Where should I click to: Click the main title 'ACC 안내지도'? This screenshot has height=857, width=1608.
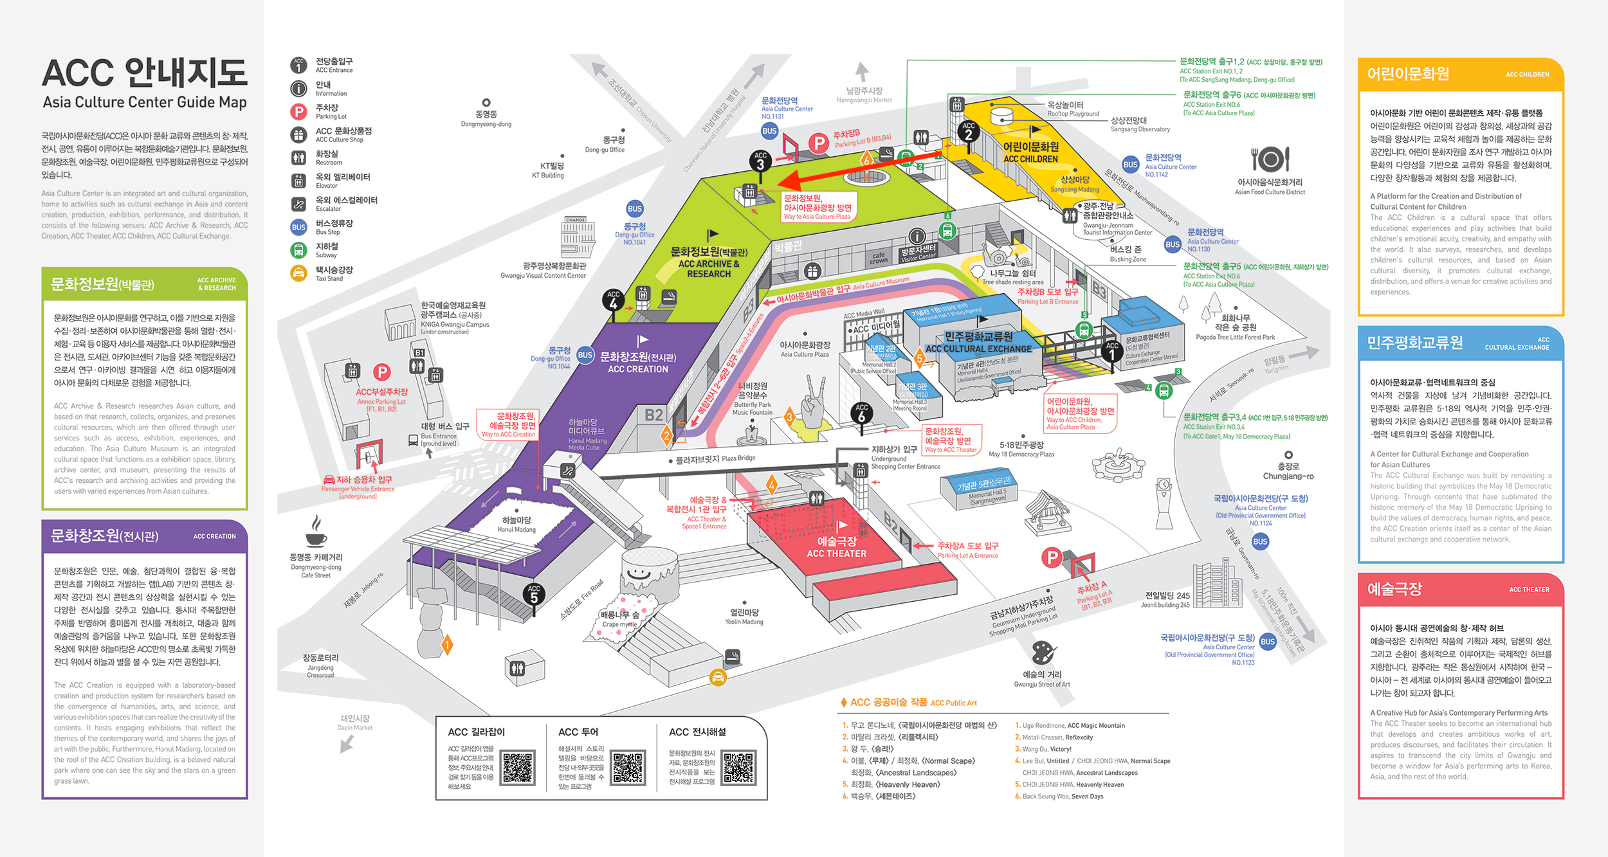coord(145,73)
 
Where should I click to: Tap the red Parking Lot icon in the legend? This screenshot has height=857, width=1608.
coord(298,112)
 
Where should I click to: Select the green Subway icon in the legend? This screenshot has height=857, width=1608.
coord(298,250)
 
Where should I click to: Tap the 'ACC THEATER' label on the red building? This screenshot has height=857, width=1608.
coord(836,554)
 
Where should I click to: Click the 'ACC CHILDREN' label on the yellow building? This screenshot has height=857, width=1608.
coord(1030,159)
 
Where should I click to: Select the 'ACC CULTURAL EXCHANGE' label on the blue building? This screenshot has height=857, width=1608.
coord(978,348)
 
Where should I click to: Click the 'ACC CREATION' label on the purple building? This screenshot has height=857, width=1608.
coord(637,369)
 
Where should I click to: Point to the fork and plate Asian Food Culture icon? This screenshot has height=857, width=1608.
coord(1270,159)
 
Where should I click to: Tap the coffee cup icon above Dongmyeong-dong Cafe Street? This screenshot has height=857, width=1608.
coord(316,532)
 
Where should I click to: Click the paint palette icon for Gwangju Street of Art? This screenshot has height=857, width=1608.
coord(1042,653)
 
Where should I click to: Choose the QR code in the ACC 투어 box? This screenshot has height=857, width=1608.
coord(628,767)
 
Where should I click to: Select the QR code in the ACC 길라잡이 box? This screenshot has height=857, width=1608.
coord(518,767)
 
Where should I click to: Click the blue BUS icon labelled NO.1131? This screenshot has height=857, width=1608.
coord(769,131)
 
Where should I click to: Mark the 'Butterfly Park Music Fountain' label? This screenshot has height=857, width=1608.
coord(752,408)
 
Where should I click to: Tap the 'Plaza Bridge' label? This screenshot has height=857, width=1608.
coord(738,458)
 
